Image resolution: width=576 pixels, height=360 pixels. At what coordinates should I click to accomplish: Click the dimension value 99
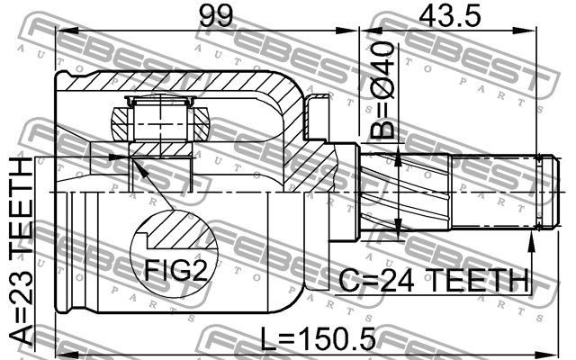pos(216,16)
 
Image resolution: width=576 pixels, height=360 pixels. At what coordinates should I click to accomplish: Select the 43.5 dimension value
pos(450,16)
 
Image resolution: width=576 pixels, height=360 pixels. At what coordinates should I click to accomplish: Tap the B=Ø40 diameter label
pos(382,90)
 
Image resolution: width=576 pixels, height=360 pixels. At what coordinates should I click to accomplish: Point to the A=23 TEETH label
pos(21,251)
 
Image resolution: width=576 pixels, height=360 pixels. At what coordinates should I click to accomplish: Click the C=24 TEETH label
pos(434,280)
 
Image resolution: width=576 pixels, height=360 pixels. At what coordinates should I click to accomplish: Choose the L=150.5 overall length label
pos(318,338)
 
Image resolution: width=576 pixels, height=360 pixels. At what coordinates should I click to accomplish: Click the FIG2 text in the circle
pos(176,270)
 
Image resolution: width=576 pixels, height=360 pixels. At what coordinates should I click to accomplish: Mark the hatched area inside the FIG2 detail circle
pos(181,229)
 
